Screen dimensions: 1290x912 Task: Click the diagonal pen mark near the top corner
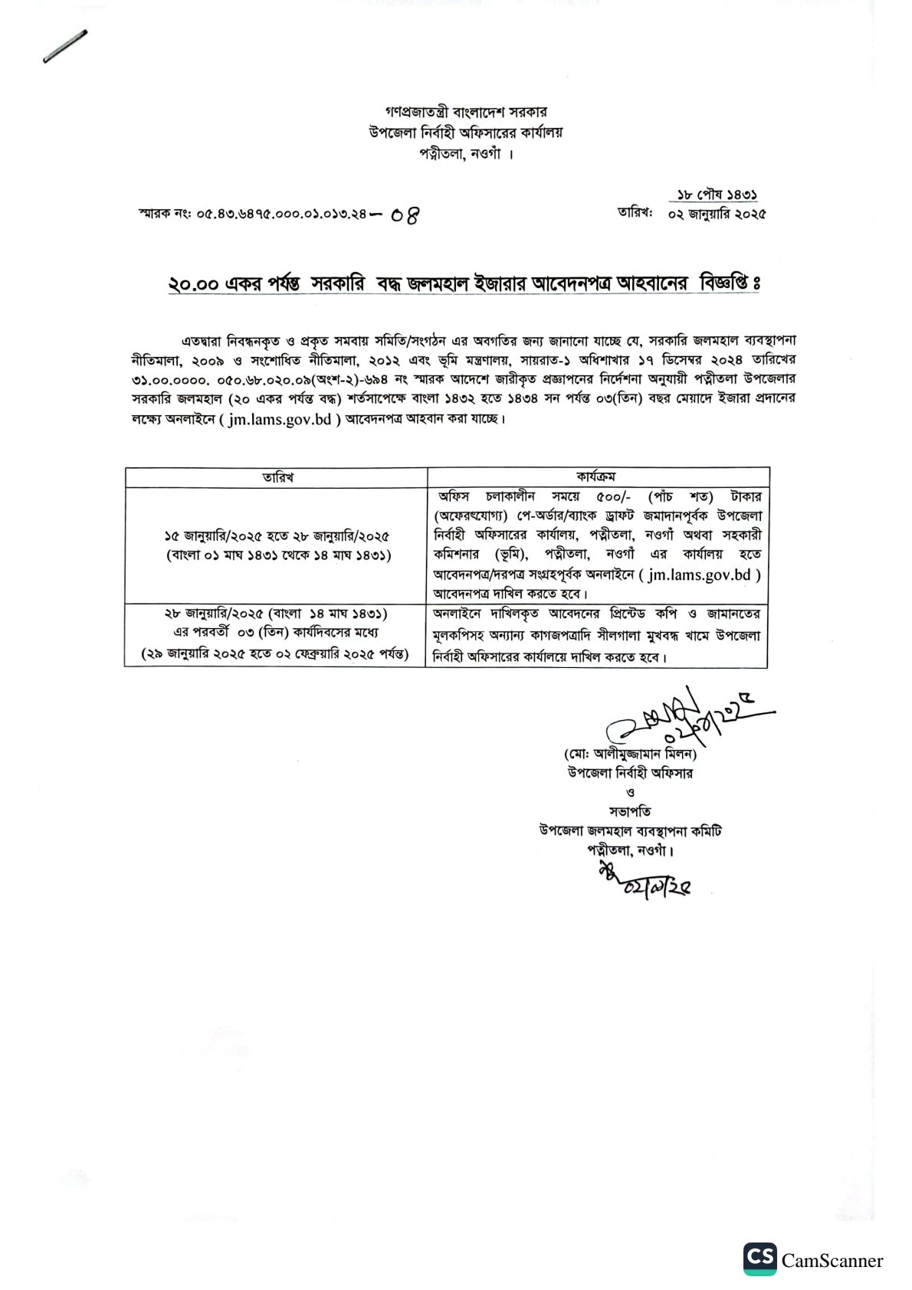(x=65, y=46)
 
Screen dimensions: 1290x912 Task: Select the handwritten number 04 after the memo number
(x=405, y=215)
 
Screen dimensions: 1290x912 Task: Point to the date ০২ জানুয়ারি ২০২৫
(x=717, y=214)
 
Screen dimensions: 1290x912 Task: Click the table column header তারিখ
(x=277, y=477)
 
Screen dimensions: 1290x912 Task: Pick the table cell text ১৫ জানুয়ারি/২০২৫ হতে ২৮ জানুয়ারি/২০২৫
(x=277, y=536)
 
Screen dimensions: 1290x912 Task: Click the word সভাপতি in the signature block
(x=630, y=811)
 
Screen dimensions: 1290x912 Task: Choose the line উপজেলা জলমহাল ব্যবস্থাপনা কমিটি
(x=630, y=830)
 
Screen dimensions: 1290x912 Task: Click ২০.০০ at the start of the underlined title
(x=193, y=284)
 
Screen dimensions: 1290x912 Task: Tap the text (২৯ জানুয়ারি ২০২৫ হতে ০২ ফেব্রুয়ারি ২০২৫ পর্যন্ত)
(x=274, y=654)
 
